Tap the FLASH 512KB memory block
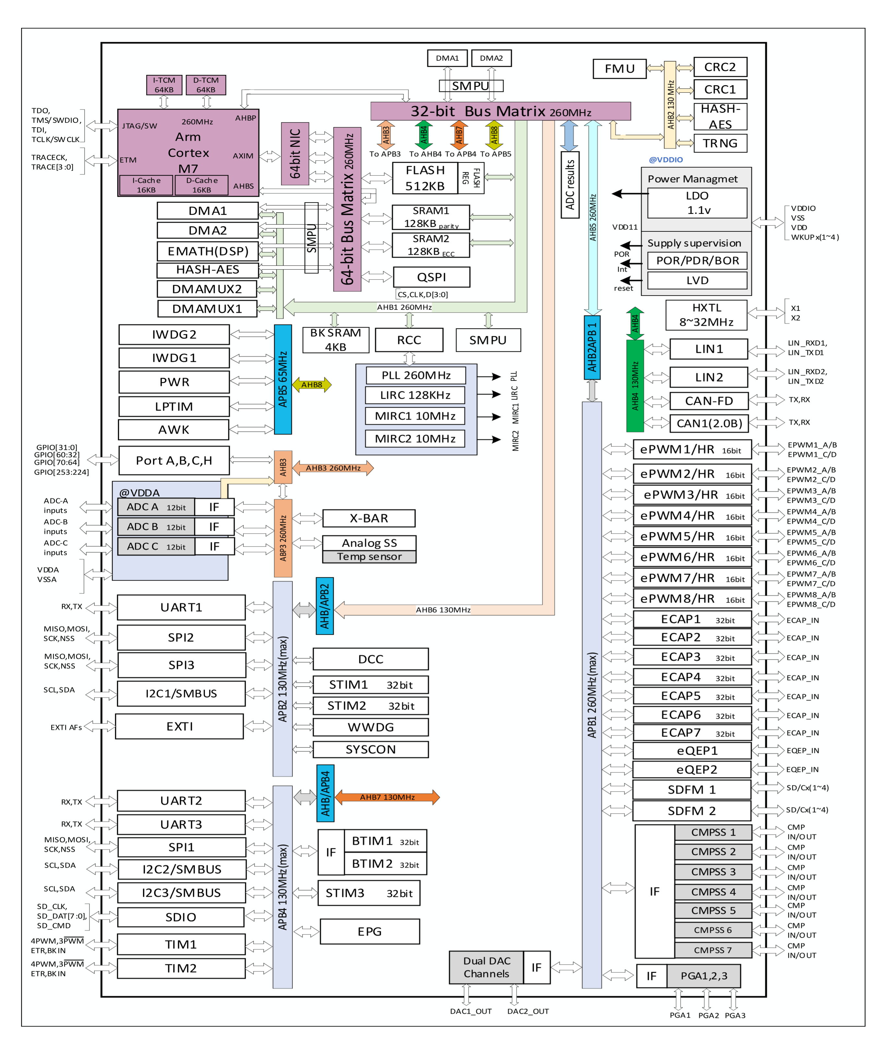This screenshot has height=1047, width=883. tap(424, 178)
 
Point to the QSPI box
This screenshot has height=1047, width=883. tap(432, 277)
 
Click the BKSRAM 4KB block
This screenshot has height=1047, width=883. tap(335, 340)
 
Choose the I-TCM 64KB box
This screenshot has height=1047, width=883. tap(164, 85)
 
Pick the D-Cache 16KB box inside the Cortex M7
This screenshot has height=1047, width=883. tap(202, 185)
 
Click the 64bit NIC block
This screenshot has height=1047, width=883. tap(295, 154)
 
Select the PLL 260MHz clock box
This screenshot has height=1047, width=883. tap(416, 375)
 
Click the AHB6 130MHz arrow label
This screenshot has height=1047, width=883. tap(443, 610)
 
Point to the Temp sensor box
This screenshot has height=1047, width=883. tap(369, 557)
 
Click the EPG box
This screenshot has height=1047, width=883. tap(369, 932)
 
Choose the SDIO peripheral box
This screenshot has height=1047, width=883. tap(181, 917)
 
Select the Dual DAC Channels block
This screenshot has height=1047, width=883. tap(486, 967)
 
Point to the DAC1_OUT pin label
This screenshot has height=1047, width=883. tap(471, 1011)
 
